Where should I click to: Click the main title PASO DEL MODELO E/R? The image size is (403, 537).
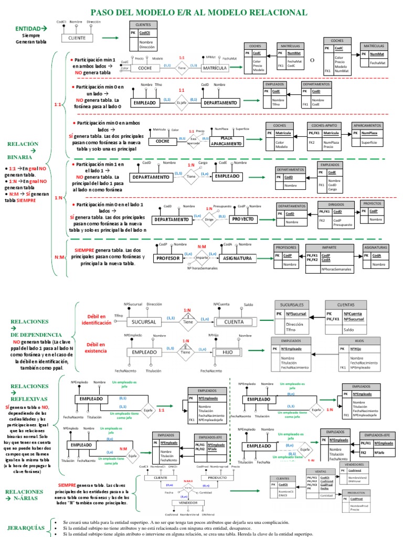[199, 12]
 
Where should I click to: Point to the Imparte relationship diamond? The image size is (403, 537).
[202, 258]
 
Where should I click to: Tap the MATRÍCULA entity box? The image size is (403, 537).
[215, 68]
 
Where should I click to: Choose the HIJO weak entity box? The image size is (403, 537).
[227, 352]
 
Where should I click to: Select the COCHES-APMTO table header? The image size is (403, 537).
[324, 126]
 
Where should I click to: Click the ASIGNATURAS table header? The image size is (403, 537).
[376, 248]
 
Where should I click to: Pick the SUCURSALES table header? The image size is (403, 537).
[292, 305]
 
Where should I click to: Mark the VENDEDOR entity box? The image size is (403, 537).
[187, 503]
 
